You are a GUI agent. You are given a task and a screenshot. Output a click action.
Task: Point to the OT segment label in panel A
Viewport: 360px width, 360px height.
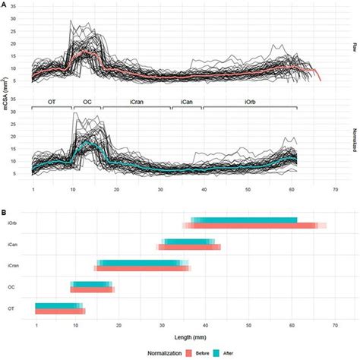tap(51, 101)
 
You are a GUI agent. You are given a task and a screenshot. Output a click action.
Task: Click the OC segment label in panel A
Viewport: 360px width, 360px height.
tap(87, 101)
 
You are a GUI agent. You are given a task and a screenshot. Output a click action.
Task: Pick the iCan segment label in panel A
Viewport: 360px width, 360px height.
tap(185, 101)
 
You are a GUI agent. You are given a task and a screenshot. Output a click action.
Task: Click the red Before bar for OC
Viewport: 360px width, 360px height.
tap(92, 289)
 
